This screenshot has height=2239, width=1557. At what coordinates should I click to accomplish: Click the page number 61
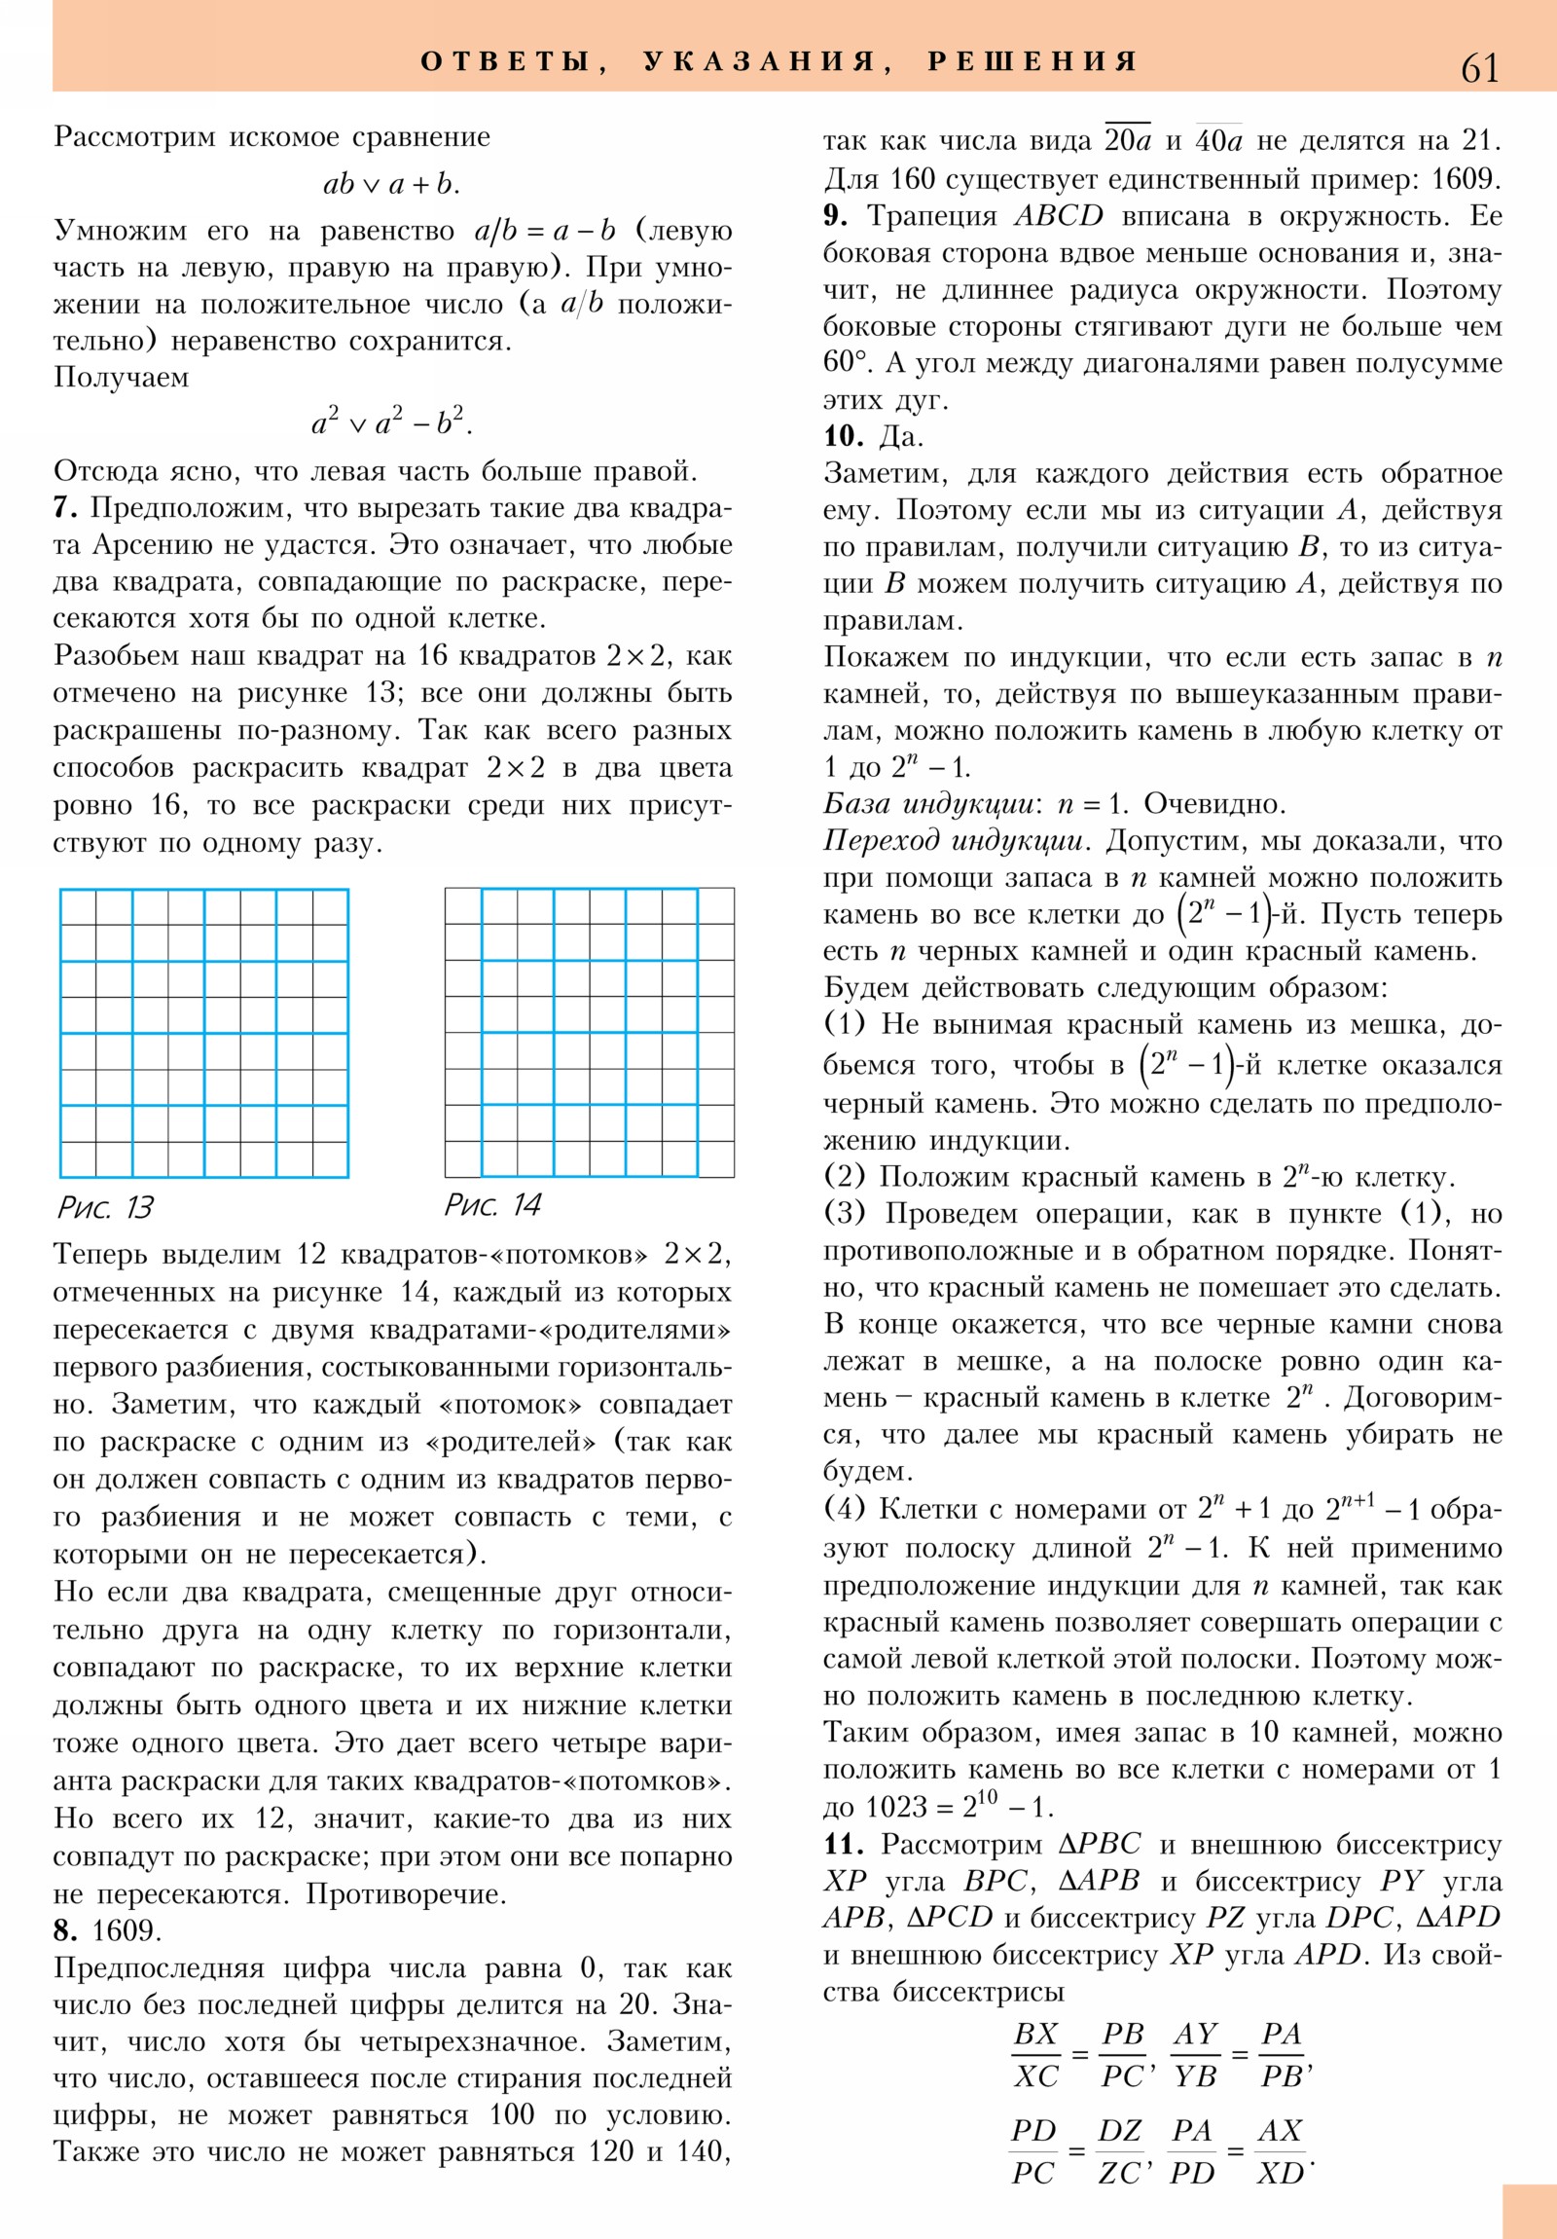coord(1479,68)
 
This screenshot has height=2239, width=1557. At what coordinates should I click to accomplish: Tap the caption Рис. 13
coord(105,1207)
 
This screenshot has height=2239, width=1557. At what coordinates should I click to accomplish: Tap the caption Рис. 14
coord(492,1204)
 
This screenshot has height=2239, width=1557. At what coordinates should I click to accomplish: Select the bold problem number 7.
coord(64,508)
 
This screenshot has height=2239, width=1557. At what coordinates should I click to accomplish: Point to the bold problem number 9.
coord(835,215)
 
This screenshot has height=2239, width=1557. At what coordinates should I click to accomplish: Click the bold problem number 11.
coord(844,1844)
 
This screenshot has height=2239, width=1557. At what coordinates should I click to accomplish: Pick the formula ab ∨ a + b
coord(390,183)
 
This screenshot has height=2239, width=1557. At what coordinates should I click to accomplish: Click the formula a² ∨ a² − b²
coord(391,422)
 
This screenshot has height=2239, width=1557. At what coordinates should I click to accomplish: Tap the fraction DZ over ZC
coord(1119,2151)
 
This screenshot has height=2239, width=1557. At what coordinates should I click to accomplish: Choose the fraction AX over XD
coord(1280,2151)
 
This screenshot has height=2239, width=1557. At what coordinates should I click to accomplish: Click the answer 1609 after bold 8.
coord(127,1930)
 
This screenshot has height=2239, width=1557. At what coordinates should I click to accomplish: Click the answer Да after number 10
coord(900,436)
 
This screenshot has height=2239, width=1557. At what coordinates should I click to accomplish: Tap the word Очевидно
coord(1213,804)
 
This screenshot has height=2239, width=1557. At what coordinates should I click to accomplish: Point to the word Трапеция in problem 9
coord(932,215)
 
